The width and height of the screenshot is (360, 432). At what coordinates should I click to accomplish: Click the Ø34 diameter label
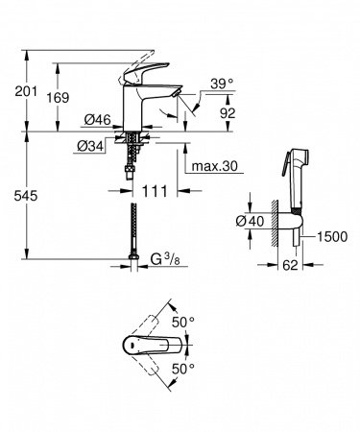pyautogui.click(x=92, y=146)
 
